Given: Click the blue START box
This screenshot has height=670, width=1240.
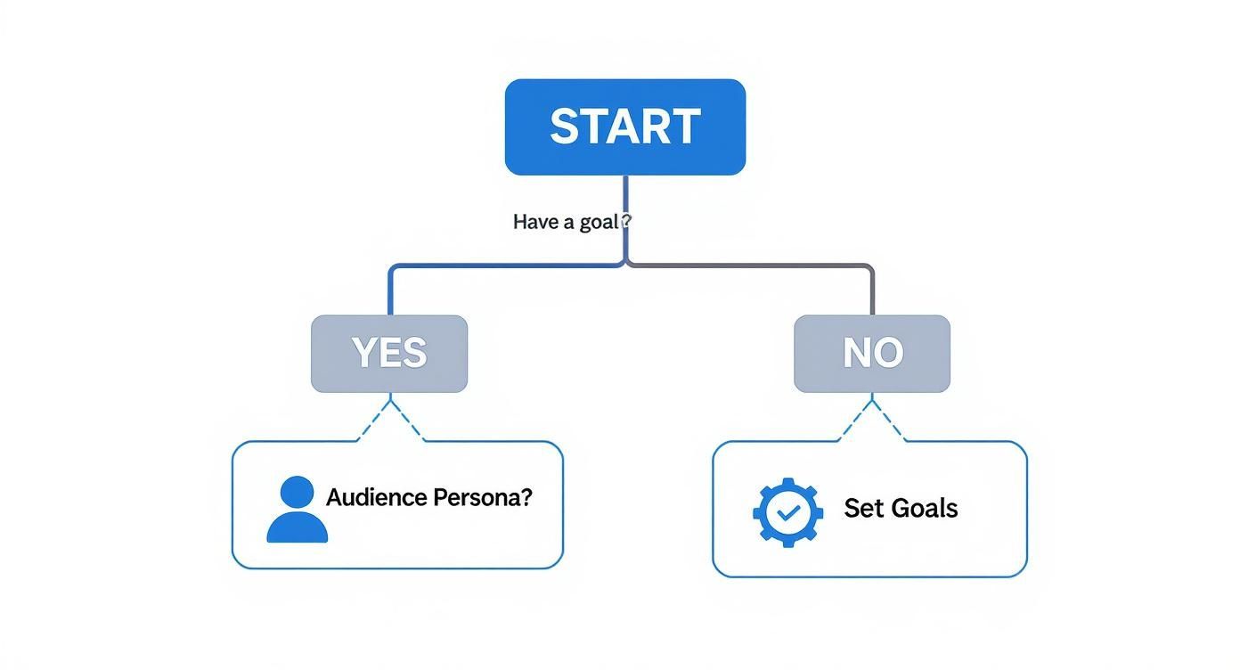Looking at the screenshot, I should pyautogui.click(x=624, y=127).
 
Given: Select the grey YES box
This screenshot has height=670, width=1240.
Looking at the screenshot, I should pyautogui.click(x=389, y=354).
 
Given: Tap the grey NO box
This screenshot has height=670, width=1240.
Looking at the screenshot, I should pyautogui.click(x=872, y=354).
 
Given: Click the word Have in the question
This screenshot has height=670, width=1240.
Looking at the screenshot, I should pyautogui.click(x=535, y=222).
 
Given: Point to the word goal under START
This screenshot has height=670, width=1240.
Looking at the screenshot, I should pyautogui.click(x=600, y=222).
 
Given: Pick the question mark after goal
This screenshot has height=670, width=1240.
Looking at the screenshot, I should pyautogui.click(x=625, y=221).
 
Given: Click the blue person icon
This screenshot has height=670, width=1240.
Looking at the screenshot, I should pyautogui.click(x=297, y=511).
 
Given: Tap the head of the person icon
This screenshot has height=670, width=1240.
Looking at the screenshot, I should pyautogui.click(x=297, y=493).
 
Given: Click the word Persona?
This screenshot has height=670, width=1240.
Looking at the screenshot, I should pyautogui.click(x=482, y=497).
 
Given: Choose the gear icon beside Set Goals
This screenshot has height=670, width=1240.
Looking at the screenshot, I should pyautogui.click(x=787, y=512).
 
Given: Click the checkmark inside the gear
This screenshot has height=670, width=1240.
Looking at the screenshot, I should pyautogui.click(x=787, y=513).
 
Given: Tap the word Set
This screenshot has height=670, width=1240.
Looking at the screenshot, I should pyautogui.click(x=862, y=508).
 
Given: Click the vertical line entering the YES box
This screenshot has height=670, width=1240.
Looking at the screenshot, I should pyautogui.click(x=390, y=292).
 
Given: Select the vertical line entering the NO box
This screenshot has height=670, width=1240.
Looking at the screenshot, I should pyautogui.click(x=872, y=292).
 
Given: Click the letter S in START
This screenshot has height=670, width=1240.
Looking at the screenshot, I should pyautogui.click(x=567, y=127).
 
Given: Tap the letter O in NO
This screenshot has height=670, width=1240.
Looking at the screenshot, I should pyautogui.click(x=888, y=354).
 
